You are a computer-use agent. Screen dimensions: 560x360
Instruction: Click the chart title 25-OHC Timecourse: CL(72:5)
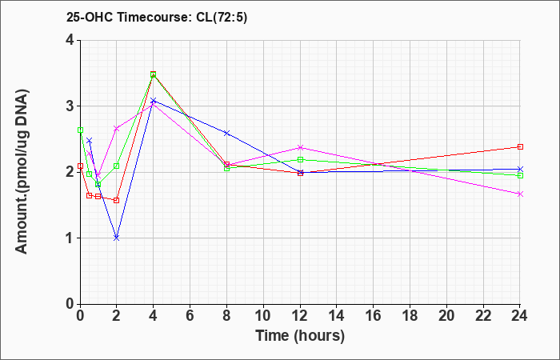coord(157,18)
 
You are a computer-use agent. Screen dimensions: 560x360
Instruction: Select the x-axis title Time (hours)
coord(300,336)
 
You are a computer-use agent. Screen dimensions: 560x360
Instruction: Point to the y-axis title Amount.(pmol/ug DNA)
coord(22,171)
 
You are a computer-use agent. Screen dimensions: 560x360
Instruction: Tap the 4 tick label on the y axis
coord(70,40)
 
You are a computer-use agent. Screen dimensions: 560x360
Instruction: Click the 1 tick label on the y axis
coord(70,238)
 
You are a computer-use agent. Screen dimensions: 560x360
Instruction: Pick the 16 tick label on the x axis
coord(374,316)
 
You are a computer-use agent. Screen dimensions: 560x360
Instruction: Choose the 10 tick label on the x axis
coord(263,316)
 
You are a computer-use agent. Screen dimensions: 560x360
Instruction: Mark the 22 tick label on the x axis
coord(483,316)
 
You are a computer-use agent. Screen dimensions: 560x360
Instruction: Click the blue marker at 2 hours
coord(117,238)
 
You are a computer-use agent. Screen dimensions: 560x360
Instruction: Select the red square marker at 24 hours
coord(520,146)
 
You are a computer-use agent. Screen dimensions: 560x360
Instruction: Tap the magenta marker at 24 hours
coord(520,194)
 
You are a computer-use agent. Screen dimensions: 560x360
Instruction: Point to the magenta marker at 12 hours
coord(300,147)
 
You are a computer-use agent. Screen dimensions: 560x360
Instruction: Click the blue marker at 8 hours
coord(226,133)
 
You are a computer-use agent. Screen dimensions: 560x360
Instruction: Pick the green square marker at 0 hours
coord(80,130)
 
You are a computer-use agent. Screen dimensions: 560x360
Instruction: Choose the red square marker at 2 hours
coord(117,200)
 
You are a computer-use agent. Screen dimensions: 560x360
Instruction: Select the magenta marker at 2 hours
coord(117,129)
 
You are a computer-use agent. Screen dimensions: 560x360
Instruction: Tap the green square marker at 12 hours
coord(300,160)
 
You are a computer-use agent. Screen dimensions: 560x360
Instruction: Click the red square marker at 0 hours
coord(80,166)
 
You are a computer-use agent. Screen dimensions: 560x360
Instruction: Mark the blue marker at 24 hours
coord(520,169)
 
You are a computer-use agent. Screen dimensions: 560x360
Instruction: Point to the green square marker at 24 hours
coord(520,176)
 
